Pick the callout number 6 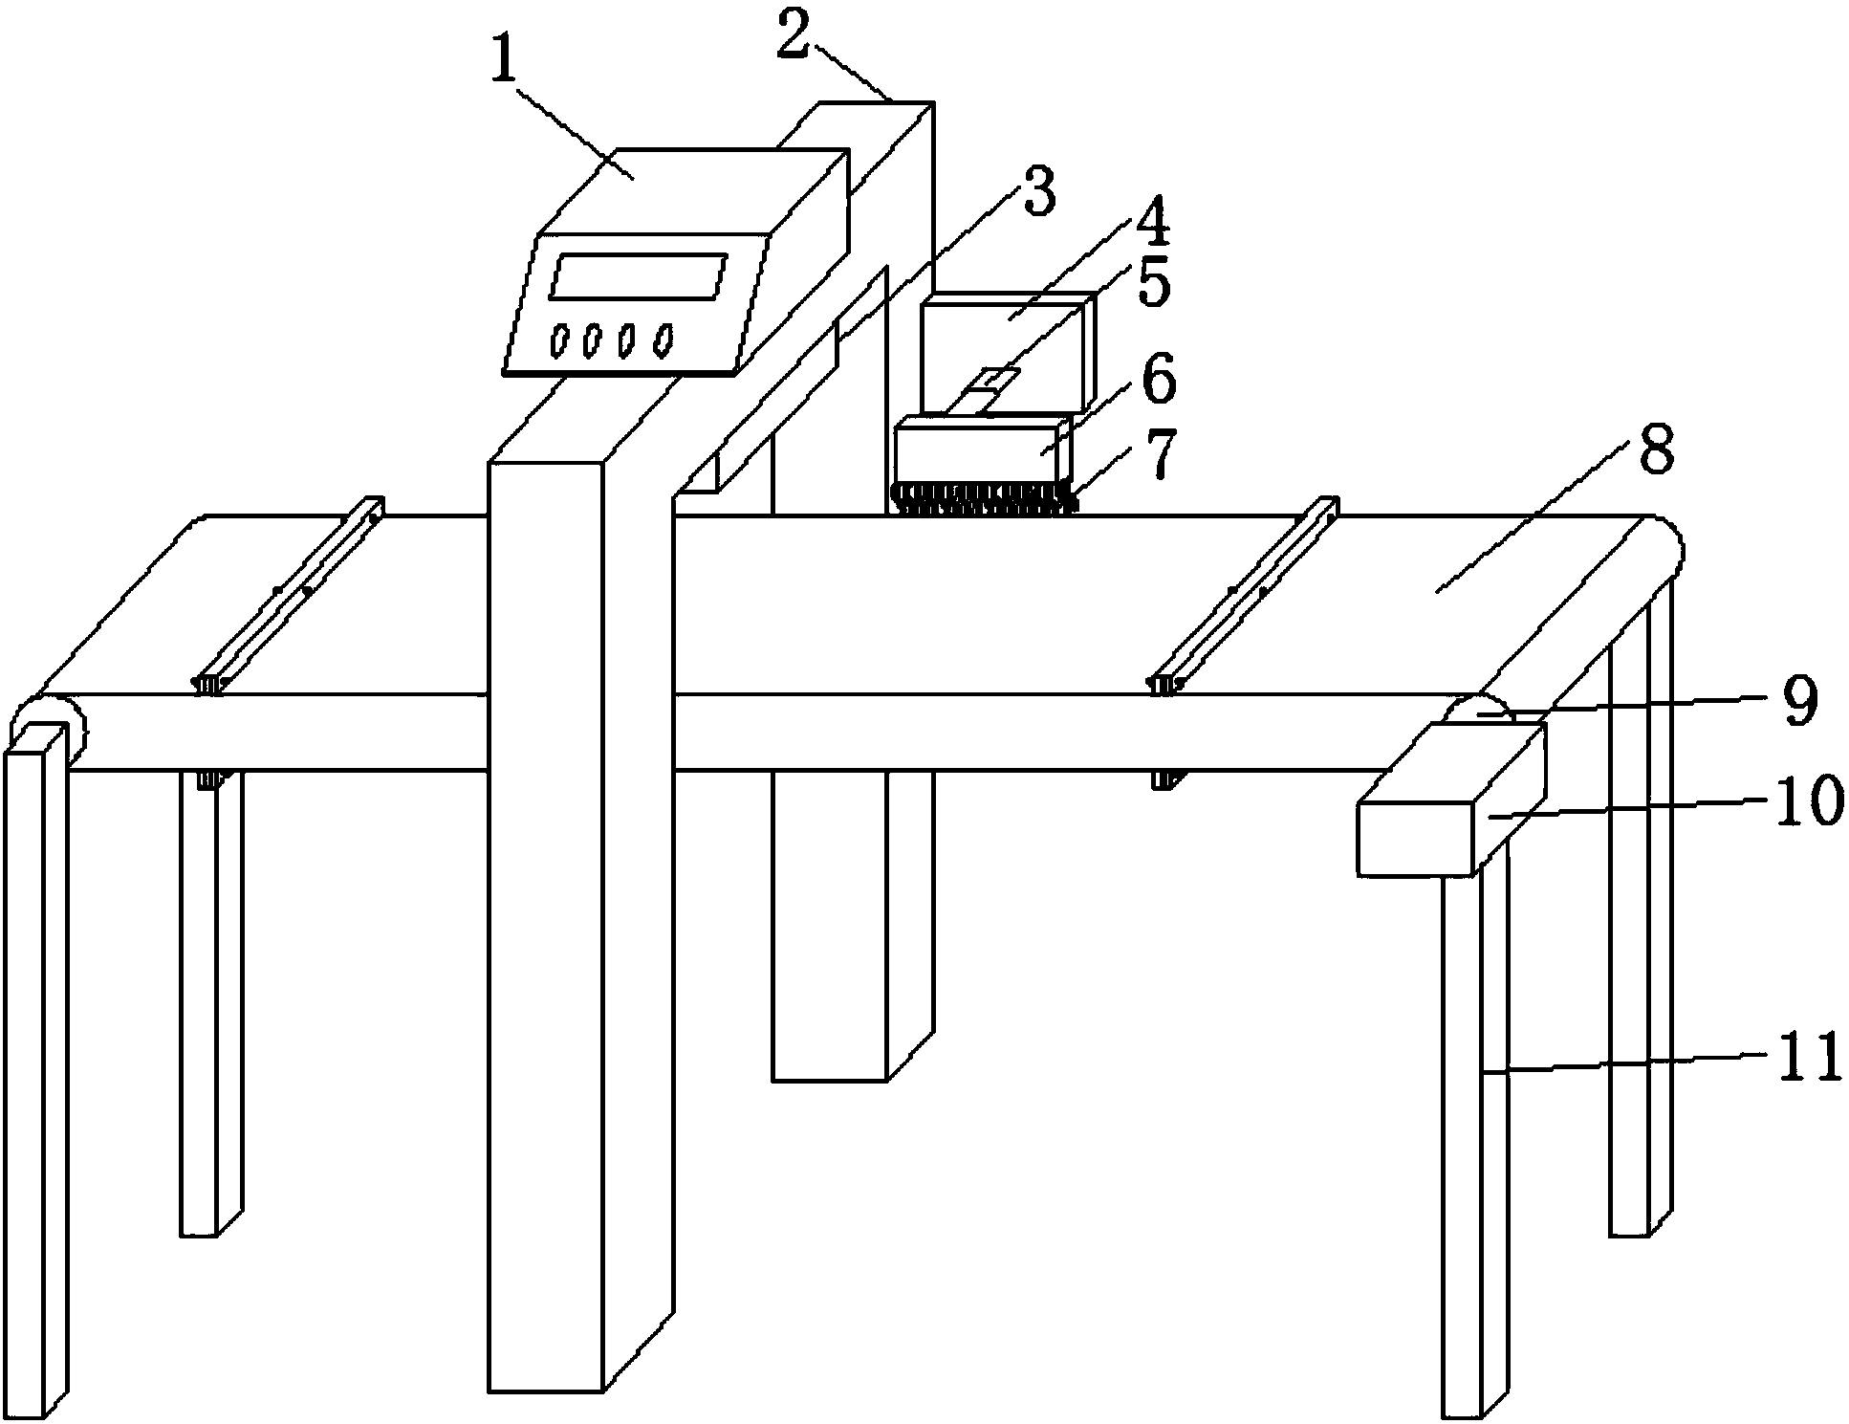[1157, 380]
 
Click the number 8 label [1655, 449]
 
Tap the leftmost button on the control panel [558, 340]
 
